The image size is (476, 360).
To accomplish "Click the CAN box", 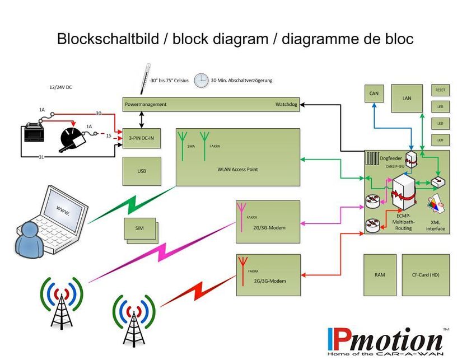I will coord(374,93).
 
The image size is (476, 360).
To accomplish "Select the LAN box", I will coord(407,98).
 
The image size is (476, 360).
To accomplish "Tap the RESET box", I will coord(440,90).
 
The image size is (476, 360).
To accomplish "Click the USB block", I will coord(142,171).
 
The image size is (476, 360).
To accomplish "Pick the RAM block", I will coord(380,275).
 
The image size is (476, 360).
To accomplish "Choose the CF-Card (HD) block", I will coord(426,275).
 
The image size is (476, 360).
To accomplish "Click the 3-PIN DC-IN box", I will coord(142,138).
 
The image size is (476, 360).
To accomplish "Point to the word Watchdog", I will coord(287,105).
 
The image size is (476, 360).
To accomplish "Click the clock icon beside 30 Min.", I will coord(201,81).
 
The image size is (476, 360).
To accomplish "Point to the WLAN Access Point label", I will coord(238,169).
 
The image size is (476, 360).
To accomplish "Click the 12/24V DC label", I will coord(61,87).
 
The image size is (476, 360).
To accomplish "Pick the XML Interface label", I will coord(435,225).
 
